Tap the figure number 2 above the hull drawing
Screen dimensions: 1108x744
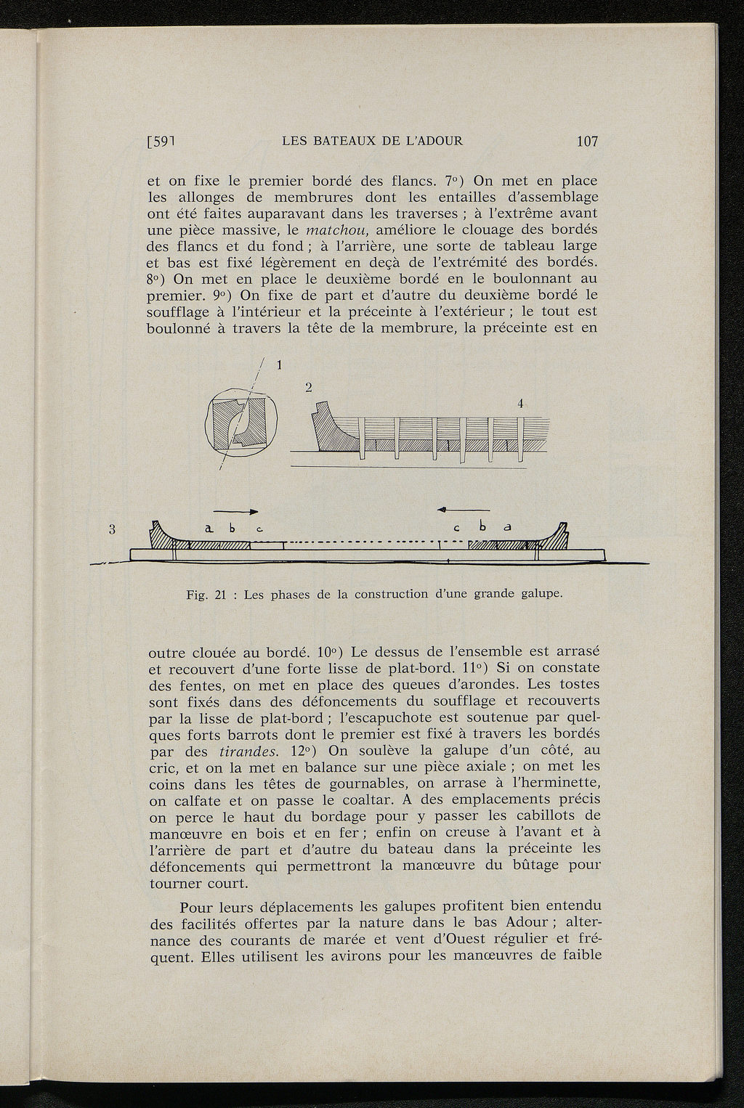[309, 388]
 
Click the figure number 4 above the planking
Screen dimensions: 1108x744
[520, 404]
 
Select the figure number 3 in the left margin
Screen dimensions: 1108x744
[113, 529]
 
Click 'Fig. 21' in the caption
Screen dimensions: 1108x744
[207, 595]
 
